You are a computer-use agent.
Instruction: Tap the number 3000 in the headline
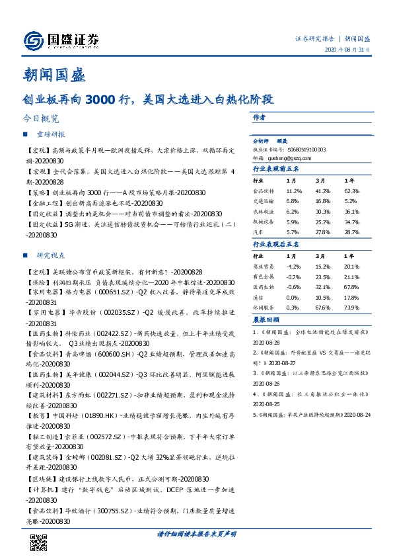pos(98,101)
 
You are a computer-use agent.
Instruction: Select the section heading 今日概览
pos(40,120)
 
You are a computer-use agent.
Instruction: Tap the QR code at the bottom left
pos(39,541)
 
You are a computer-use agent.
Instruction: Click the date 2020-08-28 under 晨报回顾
pos(266,344)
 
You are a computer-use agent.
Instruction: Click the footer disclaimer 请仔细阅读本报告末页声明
pos(196,533)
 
